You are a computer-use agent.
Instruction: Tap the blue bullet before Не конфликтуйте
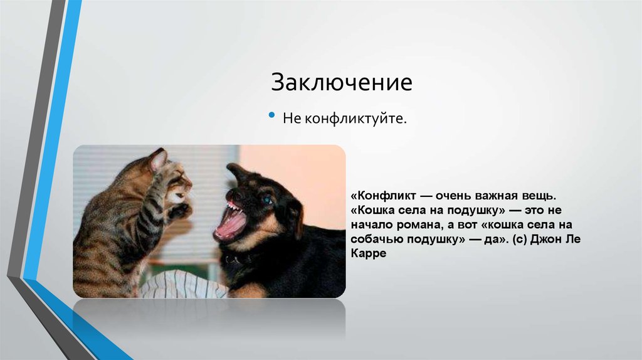click(271, 116)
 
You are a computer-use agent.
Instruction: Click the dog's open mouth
click(230, 221)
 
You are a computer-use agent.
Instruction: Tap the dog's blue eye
click(268, 200)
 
